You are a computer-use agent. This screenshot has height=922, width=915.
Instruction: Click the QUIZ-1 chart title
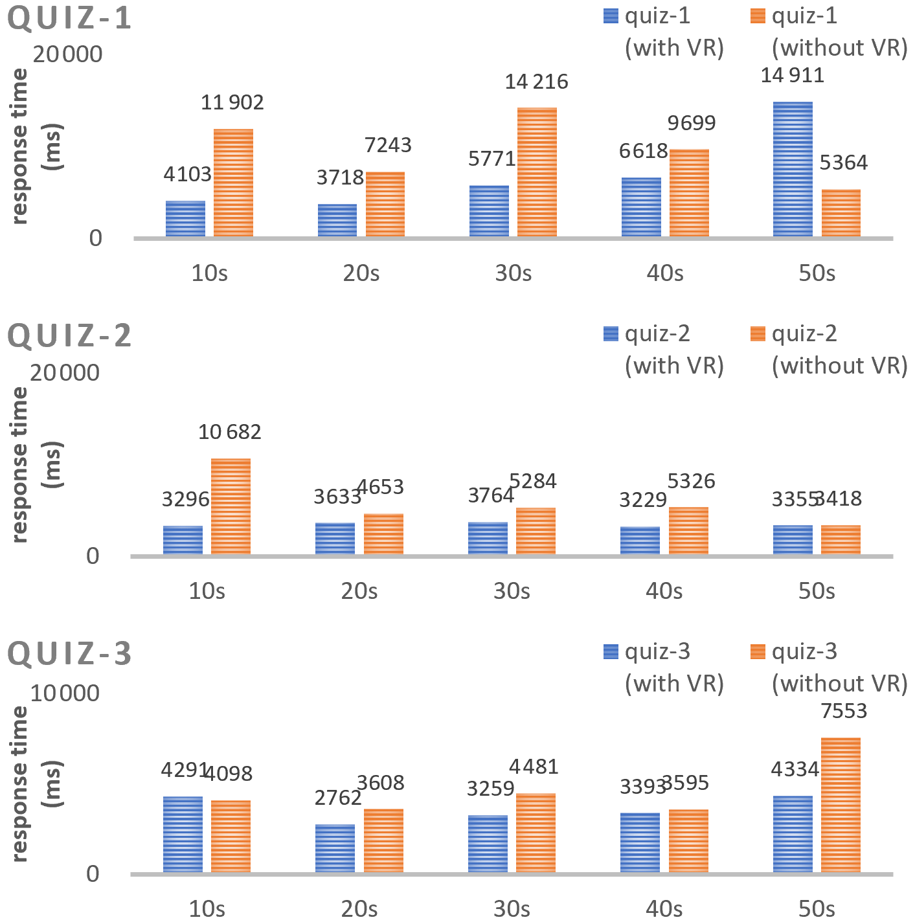tap(69, 18)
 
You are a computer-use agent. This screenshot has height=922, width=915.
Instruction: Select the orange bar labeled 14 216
tap(537, 172)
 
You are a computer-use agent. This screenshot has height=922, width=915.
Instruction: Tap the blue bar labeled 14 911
tap(793, 170)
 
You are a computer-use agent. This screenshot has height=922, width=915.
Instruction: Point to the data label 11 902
tap(232, 102)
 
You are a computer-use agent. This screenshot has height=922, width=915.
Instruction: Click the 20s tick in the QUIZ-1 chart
tap(361, 273)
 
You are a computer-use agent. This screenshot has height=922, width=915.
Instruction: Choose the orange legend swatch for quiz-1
tap(757, 16)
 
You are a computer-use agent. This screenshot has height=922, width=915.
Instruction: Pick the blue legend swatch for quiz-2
tap(610, 333)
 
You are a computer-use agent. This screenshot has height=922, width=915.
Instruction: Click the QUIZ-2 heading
tap(69, 336)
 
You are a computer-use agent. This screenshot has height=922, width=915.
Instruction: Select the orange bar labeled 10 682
tap(231, 506)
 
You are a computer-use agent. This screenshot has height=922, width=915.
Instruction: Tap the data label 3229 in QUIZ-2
tap(643, 500)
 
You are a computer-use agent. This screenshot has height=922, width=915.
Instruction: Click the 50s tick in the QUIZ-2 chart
tap(817, 591)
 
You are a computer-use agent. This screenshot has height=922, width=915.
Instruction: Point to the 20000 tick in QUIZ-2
tap(65, 373)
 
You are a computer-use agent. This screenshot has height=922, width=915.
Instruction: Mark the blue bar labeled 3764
tap(488, 538)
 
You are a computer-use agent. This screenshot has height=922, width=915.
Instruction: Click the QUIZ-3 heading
tap(69, 654)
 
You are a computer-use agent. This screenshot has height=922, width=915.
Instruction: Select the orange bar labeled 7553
tap(841, 805)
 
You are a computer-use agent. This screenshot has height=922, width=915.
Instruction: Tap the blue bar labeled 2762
tap(335, 849)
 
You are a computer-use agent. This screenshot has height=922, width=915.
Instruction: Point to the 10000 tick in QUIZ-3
tap(65, 693)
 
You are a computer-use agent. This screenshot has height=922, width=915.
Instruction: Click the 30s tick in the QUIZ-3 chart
tap(512, 908)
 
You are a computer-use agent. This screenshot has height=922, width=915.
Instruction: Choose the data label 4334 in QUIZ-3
tap(795, 770)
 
